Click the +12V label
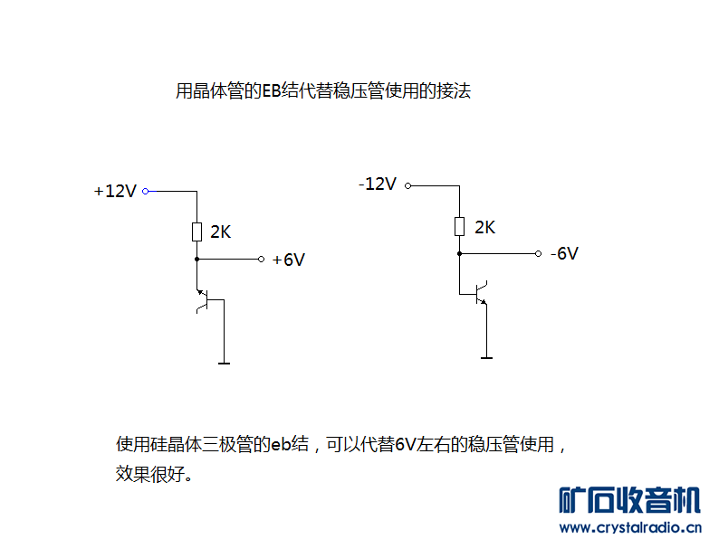click(115, 192)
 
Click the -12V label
click(378, 184)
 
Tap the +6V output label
click(289, 260)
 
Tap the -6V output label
click(563, 253)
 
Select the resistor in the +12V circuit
click(196, 232)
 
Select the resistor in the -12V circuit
click(459, 225)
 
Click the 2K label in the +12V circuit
click(221, 232)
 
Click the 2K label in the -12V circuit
click(484, 227)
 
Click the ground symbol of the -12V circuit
click(487, 357)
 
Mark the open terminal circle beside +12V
click(145, 192)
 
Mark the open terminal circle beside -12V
click(407, 185)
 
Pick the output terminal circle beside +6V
click(261, 259)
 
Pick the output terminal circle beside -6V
click(538, 253)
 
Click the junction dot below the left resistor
click(196, 259)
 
